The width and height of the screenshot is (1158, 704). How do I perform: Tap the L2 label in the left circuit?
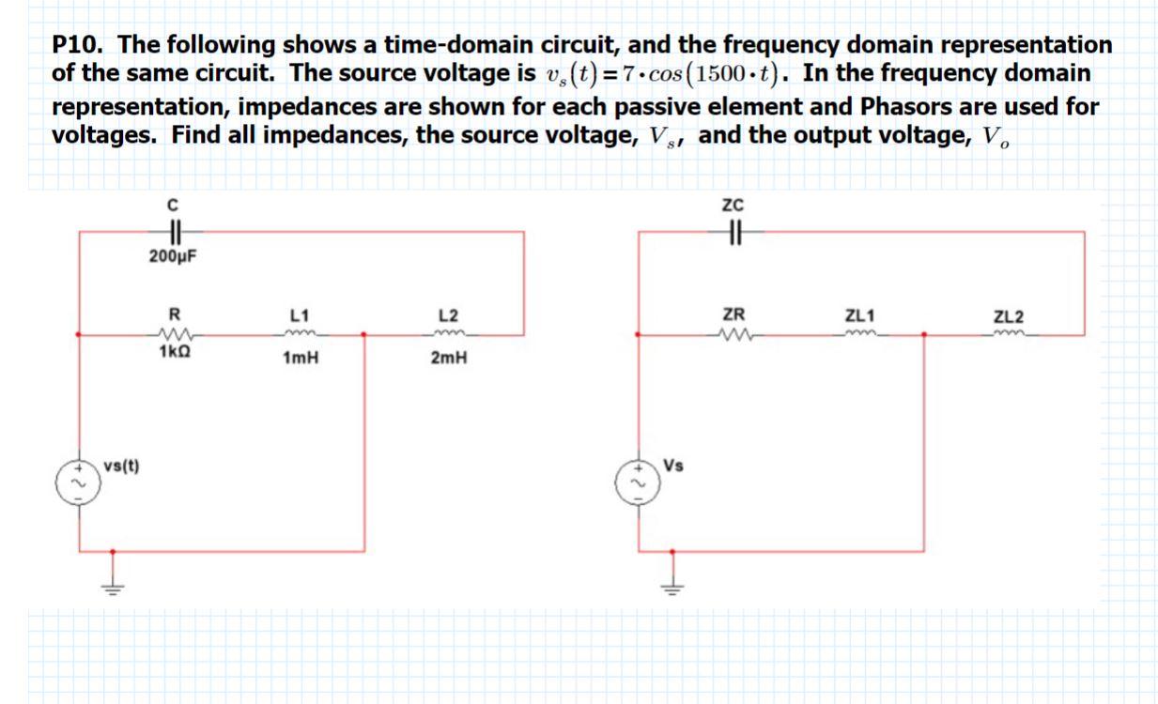coord(447,315)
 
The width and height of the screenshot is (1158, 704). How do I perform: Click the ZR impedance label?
coord(733,315)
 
